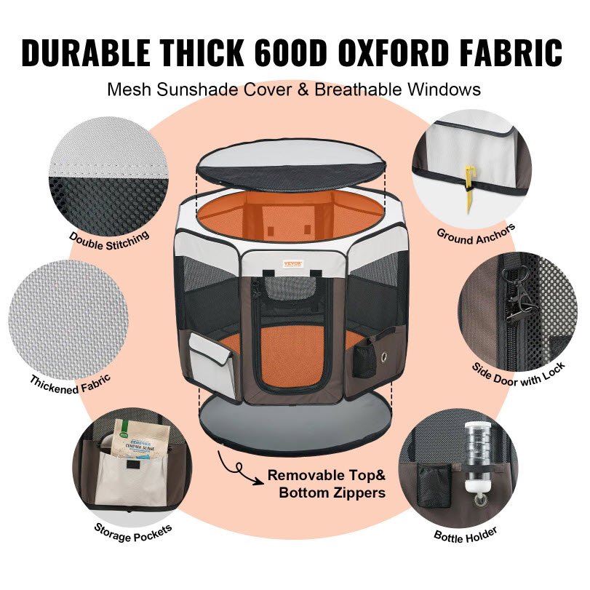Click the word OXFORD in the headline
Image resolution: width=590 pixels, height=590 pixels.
[392, 53]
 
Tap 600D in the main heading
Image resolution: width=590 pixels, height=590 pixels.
[288, 53]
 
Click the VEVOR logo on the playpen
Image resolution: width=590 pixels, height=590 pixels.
[292, 263]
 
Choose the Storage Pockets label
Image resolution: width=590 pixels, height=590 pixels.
[133, 533]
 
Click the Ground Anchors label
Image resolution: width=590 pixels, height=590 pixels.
[476, 234]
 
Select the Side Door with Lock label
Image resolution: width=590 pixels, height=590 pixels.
[519, 375]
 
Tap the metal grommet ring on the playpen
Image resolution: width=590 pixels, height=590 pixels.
[385, 356]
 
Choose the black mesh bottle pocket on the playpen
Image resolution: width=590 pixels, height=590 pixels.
[364, 359]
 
